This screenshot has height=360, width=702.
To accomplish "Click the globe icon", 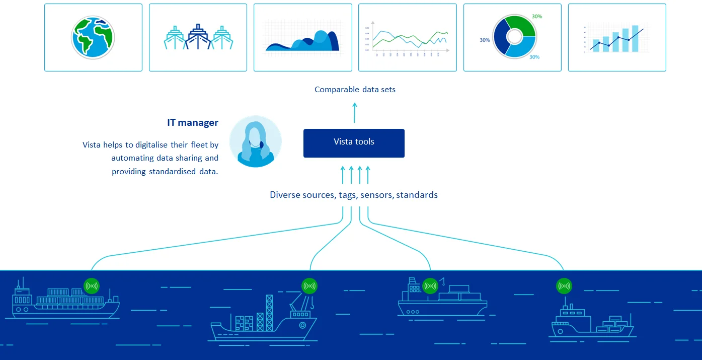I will coord(93,37).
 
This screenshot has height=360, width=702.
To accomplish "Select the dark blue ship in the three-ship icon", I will coord(198,38).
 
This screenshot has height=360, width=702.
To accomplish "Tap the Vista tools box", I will coord(354,143).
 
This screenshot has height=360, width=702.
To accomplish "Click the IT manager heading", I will coord(193,122).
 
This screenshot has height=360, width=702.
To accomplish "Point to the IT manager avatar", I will coord(256,141).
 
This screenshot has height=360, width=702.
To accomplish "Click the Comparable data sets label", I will coord(355,90).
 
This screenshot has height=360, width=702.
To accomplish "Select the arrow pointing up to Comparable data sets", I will coord(354,112).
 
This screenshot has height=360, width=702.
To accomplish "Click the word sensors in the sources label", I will coord(376,195).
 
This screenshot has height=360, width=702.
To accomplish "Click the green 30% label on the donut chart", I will coord(537,17).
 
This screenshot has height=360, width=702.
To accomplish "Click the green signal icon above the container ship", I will coord(92,286).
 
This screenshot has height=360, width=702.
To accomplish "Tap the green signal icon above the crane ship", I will coord(309,286).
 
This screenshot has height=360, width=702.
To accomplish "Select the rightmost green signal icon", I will coord(564,286).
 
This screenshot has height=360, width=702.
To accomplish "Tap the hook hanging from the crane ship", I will coord(313,304).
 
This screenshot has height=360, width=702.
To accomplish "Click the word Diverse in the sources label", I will coord(285,195).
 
